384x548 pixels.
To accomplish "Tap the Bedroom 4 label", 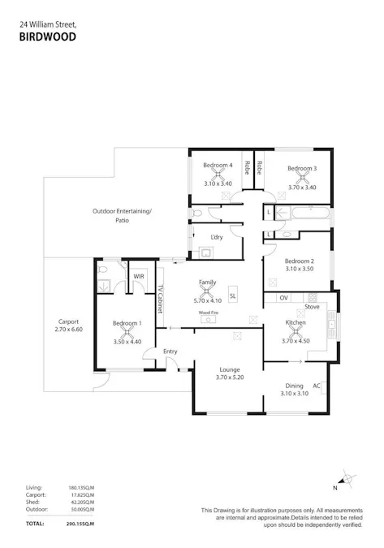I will (x=218, y=166).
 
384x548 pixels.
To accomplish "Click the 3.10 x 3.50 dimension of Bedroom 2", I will (x=299, y=268).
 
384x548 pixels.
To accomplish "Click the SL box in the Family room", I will (x=233, y=296).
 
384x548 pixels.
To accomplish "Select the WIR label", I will (x=139, y=276).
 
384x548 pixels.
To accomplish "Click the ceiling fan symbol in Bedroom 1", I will (x=127, y=331).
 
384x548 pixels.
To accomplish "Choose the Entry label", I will (x=170, y=351).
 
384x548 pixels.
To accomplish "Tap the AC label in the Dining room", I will (x=317, y=386).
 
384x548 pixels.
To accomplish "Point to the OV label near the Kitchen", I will (x=283, y=298).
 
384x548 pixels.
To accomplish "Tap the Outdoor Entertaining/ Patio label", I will (x=122, y=215).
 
